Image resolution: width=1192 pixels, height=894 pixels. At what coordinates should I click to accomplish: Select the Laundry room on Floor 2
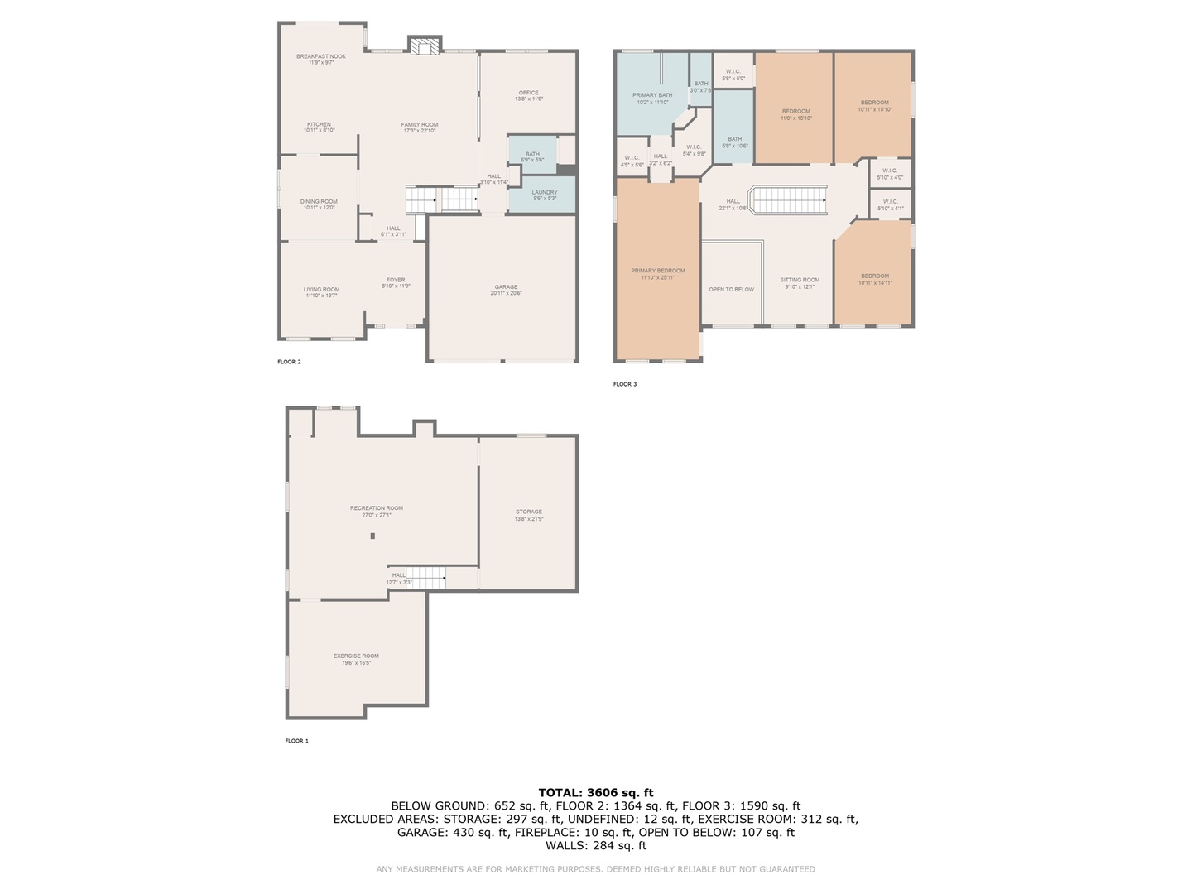click(x=544, y=195)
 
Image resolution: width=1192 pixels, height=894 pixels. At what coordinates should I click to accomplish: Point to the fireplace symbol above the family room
click(x=425, y=46)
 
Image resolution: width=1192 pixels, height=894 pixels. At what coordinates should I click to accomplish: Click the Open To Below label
click(x=732, y=290)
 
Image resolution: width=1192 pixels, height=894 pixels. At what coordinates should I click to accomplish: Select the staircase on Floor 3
click(x=787, y=200)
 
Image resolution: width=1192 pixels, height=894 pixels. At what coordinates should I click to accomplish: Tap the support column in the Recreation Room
click(x=372, y=536)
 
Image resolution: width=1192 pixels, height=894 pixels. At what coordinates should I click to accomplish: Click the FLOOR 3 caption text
click(x=625, y=384)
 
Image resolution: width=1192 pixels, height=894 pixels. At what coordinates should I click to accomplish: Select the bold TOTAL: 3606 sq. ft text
click(x=596, y=792)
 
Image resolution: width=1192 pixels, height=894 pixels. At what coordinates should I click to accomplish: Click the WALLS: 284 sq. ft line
click(x=596, y=845)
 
